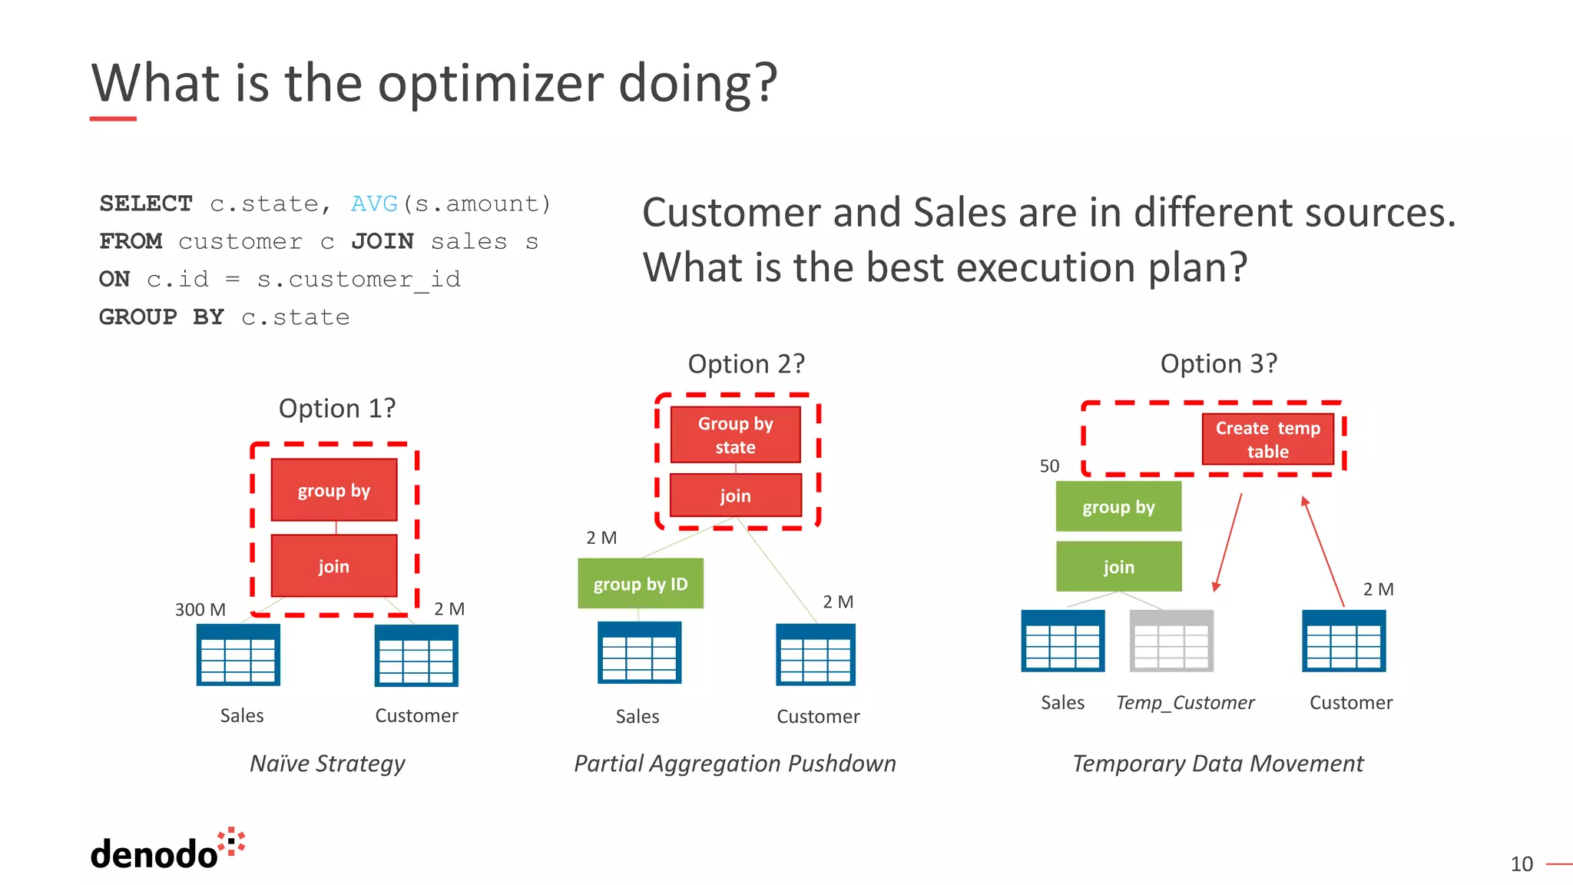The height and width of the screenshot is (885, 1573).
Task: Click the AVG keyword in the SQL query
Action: [x=374, y=204]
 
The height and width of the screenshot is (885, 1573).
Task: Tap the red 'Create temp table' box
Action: [x=1267, y=439]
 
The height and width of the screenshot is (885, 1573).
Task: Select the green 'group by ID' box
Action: [x=641, y=584]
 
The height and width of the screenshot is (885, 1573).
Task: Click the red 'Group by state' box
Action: [x=735, y=435]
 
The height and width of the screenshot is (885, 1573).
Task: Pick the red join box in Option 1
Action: [x=334, y=566]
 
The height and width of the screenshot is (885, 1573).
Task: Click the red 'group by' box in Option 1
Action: [x=334, y=490]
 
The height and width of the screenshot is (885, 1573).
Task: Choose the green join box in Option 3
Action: [x=1118, y=567]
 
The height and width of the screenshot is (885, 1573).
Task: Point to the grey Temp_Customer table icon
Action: [x=1171, y=641]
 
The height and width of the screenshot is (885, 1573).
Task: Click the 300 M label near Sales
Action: [x=200, y=609]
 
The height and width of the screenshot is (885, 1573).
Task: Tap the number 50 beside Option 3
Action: [x=1049, y=466]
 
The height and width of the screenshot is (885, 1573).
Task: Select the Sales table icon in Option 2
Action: [x=639, y=653]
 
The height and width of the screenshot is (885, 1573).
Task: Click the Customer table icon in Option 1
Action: [x=416, y=655]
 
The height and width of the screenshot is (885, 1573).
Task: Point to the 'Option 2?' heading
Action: [x=746, y=363]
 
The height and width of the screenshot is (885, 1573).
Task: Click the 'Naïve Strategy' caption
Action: [x=327, y=764]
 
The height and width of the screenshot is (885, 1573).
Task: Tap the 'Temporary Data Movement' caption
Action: [x=1217, y=764]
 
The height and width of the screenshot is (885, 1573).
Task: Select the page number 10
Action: [x=1521, y=864]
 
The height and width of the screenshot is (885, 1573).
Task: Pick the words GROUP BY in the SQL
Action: [x=161, y=317]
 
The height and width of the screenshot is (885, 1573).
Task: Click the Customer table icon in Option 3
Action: [x=1343, y=641]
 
